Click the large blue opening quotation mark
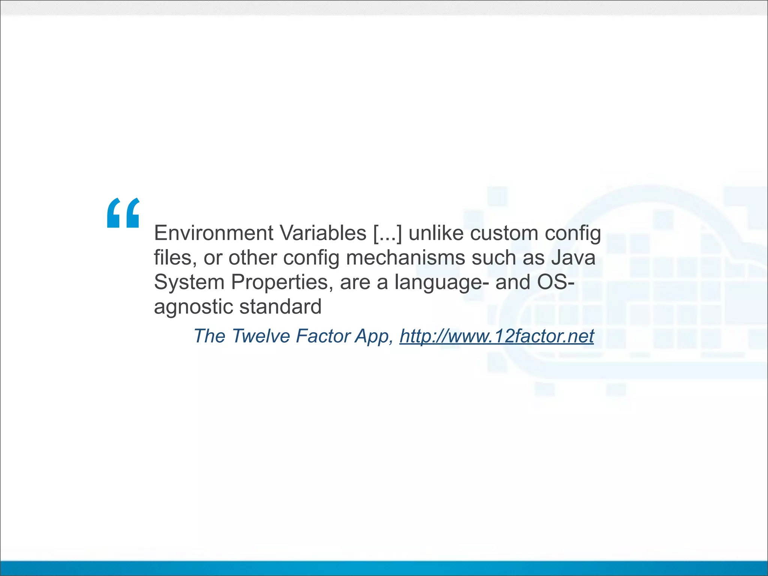pyautogui.click(x=123, y=213)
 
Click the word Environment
pyautogui.click(x=213, y=233)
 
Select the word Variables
pyautogui.click(x=323, y=233)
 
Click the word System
pyautogui.click(x=189, y=282)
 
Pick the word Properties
pyautogui.click(x=279, y=282)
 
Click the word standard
pyautogui.click(x=280, y=306)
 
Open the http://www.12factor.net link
pyautogui.click(x=496, y=336)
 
